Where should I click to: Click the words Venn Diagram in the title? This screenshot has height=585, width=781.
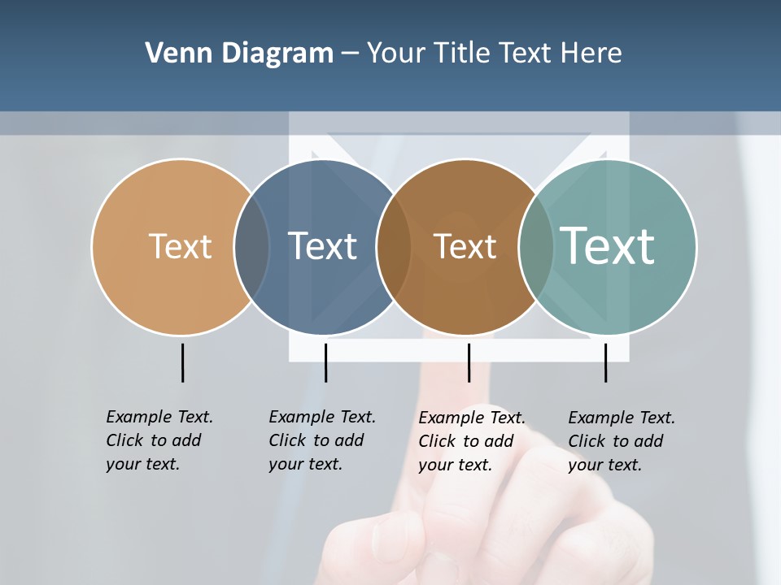[239, 54]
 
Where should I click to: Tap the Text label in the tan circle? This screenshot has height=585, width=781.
[180, 246]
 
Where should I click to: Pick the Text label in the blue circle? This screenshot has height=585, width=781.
[322, 246]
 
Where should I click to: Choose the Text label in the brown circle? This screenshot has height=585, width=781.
[465, 247]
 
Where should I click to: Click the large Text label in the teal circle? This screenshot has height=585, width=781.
[608, 245]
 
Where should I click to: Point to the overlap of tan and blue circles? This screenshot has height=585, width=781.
[252, 247]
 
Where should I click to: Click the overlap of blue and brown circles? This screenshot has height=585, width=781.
[394, 247]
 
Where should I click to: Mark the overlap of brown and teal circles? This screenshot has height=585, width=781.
[535, 247]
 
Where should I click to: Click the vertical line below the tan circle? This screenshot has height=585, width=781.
[182, 362]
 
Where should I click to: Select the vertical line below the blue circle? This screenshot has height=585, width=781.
[325, 362]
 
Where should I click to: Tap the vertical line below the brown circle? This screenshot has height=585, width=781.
[469, 362]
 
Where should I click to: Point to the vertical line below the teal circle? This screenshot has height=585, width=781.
[605, 362]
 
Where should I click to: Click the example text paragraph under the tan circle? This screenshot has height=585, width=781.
[159, 440]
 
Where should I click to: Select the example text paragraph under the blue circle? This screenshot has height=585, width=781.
[321, 440]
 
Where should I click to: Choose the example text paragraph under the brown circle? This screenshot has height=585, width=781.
[471, 441]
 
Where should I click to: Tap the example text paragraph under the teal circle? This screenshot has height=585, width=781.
[621, 441]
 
